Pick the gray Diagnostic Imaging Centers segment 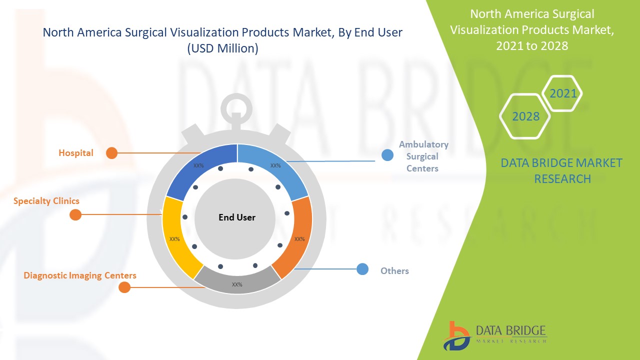pyautogui.click(x=237, y=281)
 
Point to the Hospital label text pyautogui.click(x=76, y=153)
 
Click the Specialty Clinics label pyautogui.click(x=46, y=201)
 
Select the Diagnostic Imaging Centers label pyautogui.click(x=79, y=275)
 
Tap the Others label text pyautogui.click(x=394, y=271)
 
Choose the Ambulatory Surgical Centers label pyautogui.click(x=423, y=156)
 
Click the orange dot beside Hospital pyautogui.click(x=111, y=153)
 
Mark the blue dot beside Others pyautogui.click(x=362, y=269)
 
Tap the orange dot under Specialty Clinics pyautogui.click(x=75, y=214)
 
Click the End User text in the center pyautogui.click(x=237, y=217)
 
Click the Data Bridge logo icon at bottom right pyautogui.click(x=456, y=336)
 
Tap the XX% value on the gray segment pyautogui.click(x=237, y=284)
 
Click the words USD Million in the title pyautogui.click(x=223, y=48)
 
